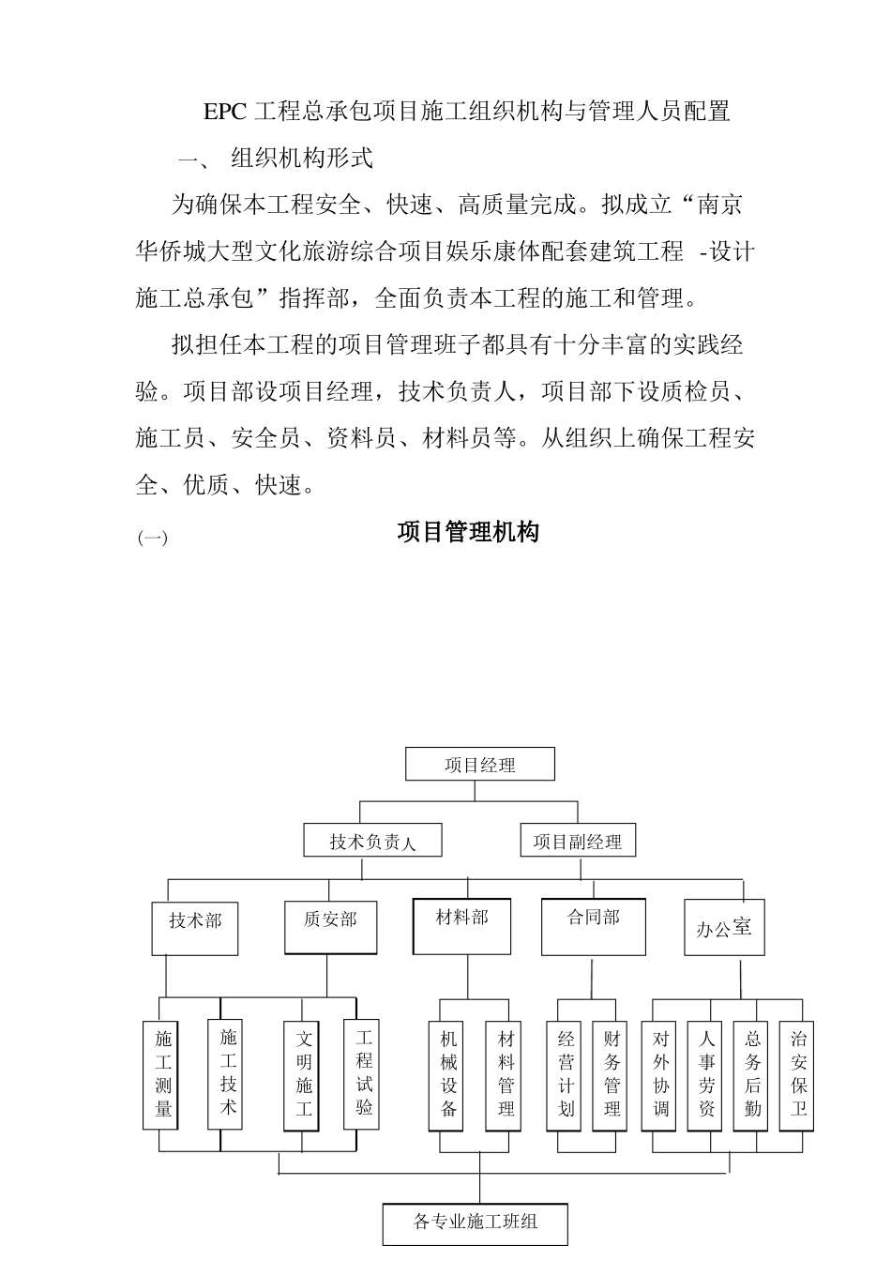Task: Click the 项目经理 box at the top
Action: (x=479, y=764)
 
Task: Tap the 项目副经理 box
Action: (x=577, y=841)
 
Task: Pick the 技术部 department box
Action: (x=195, y=927)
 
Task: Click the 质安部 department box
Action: (x=330, y=927)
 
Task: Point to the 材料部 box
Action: (x=462, y=925)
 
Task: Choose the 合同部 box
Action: (x=594, y=925)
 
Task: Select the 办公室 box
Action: (x=724, y=927)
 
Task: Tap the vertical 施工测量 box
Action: (x=164, y=1074)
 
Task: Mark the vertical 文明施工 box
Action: (x=304, y=1074)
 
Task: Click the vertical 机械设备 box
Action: (x=448, y=1075)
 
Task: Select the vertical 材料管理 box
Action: (x=506, y=1075)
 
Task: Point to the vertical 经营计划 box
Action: (x=566, y=1075)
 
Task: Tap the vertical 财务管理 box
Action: (x=612, y=1075)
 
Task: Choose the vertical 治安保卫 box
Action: (x=798, y=1075)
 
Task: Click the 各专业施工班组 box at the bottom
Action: (x=476, y=1223)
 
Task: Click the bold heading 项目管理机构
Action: (x=468, y=533)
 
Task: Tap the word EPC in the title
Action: (x=224, y=112)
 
